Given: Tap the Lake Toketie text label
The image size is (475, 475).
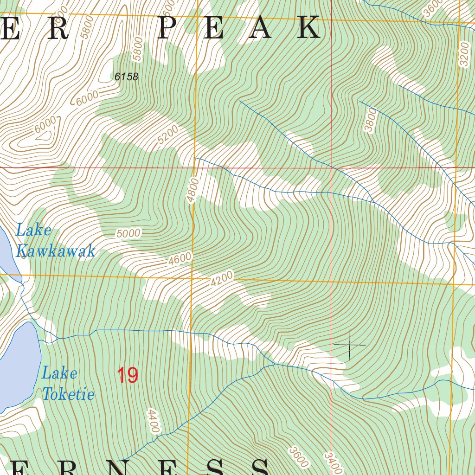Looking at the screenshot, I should (x=68, y=384).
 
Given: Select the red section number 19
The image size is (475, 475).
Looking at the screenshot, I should (x=127, y=375).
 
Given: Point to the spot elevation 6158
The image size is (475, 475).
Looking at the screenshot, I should (x=127, y=77).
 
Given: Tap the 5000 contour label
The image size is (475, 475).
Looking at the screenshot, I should (x=128, y=233).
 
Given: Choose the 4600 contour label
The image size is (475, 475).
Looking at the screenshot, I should (x=180, y=258).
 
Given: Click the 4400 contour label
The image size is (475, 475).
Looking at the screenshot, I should (x=154, y=420).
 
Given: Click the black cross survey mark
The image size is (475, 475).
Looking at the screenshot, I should (x=349, y=345).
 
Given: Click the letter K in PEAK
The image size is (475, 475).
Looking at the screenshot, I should (x=308, y=28).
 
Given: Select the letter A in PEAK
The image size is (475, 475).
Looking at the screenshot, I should (x=261, y=28).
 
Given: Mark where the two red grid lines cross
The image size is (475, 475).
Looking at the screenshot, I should (x=331, y=167).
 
